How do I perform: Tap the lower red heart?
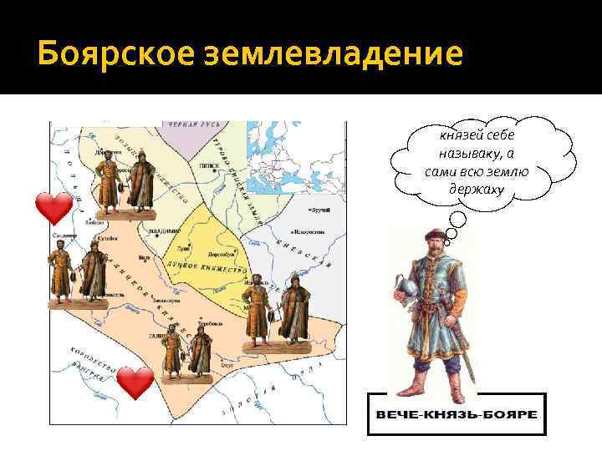135,383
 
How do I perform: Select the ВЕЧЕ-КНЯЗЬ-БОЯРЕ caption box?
457,414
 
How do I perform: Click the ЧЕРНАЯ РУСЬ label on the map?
194,125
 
